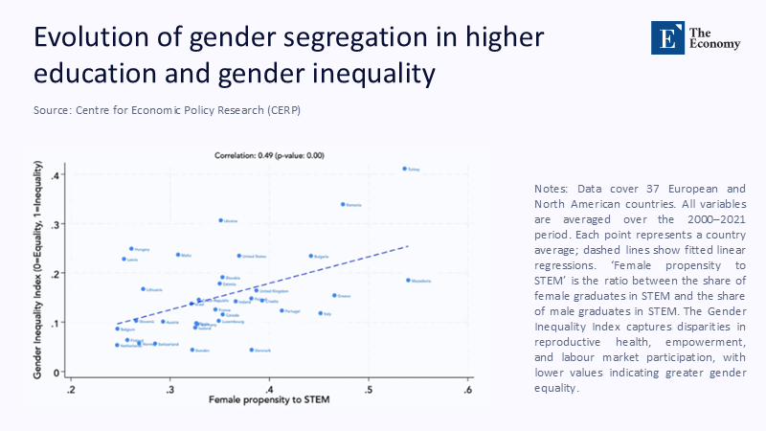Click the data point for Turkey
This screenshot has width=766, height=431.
coord(404,169)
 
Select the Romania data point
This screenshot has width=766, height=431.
coord(343,204)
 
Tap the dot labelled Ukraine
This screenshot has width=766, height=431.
coord(220,220)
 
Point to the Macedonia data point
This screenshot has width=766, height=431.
coord(408,281)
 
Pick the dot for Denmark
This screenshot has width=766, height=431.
coord(252,351)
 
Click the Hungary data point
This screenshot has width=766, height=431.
coord(132,249)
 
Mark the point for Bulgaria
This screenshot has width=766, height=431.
coord(311,256)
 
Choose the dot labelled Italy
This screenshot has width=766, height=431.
coord(321,313)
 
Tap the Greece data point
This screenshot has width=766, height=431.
coord(334,295)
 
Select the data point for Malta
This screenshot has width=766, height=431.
coord(178,255)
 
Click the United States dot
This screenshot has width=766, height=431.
coord(239,256)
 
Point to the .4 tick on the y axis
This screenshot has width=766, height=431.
coord(56,176)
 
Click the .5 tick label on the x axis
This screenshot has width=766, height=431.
coord(369,390)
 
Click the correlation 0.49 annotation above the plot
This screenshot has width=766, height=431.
coord(269,154)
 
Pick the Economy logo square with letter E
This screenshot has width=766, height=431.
coord(664,35)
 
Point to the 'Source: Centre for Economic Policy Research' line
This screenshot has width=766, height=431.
coord(167,110)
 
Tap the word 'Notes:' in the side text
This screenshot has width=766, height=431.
coord(552,189)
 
